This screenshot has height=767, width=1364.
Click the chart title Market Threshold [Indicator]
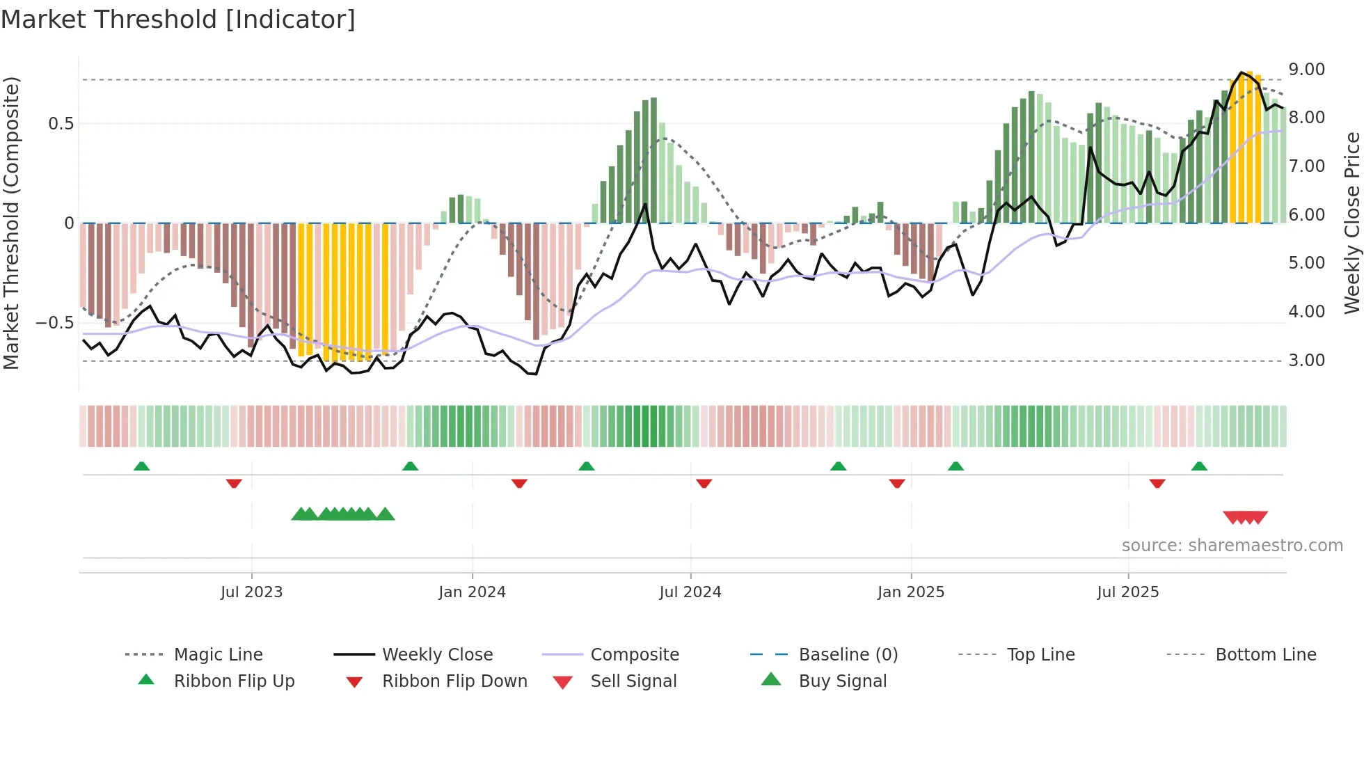tap(178, 19)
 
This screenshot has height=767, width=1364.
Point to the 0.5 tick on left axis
tap(61, 124)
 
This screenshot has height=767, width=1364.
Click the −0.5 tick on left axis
tap(55, 323)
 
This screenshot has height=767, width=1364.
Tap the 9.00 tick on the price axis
tap(1306, 70)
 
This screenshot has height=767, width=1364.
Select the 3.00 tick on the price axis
tap(1306, 361)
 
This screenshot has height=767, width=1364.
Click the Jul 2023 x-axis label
tap(251, 592)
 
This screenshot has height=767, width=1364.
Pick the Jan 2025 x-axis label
tap(910, 592)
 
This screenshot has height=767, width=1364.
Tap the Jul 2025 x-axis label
tap(1127, 592)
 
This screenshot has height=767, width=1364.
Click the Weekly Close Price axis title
tap(1351, 223)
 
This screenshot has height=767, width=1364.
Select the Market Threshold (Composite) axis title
tap(11, 223)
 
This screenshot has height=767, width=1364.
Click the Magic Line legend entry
tap(218, 655)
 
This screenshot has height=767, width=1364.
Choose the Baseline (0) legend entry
tap(848, 655)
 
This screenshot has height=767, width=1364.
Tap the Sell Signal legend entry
tap(633, 681)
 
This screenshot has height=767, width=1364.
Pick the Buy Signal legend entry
tap(842, 681)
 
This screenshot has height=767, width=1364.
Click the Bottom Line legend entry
tap(1265, 655)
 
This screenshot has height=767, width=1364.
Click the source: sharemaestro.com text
tap(1232, 546)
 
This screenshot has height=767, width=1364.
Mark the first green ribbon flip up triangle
tap(141, 466)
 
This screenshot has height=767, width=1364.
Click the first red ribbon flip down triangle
tap(234, 483)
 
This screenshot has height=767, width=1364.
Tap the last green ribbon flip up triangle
tap(1199, 466)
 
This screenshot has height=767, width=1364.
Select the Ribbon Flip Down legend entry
tap(454, 681)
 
